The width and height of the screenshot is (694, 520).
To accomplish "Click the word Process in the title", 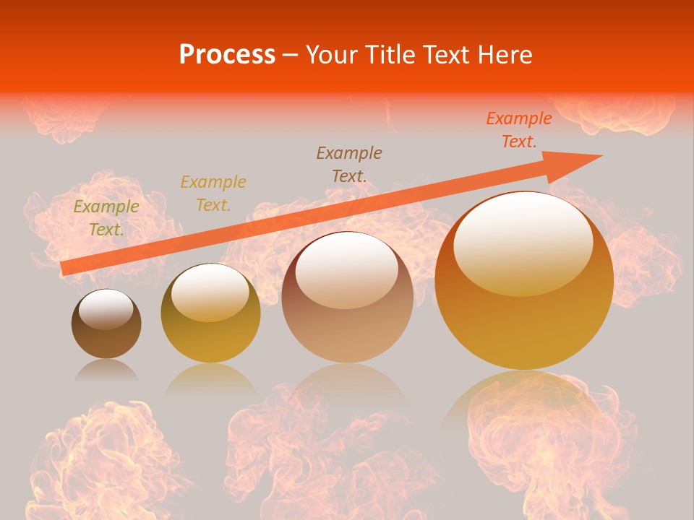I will pos(227,55).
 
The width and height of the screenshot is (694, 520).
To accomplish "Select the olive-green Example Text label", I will pos(106,218).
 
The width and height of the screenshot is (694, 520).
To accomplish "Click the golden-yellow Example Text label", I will pos(213,193).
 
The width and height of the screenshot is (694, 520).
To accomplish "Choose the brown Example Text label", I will pos(349,164).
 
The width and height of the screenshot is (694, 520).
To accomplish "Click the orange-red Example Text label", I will pos(519,130).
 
